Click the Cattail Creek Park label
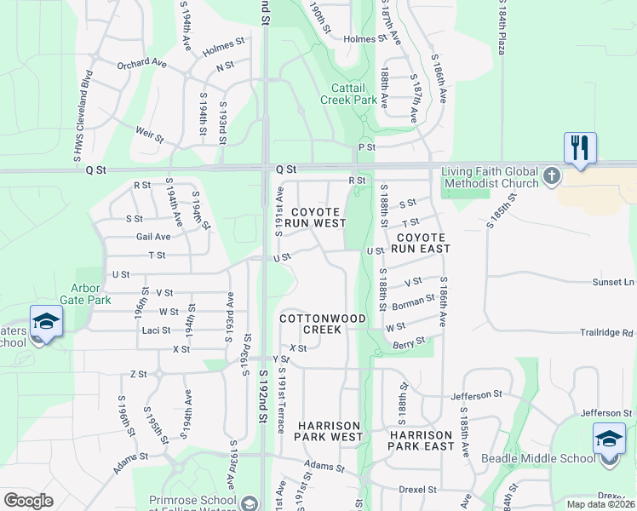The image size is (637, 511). pyautogui.click(x=348, y=94)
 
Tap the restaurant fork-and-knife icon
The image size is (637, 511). pyautogui.click(x=579, y=148)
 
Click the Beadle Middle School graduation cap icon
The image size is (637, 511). pyautogui.click(x=609, y=439)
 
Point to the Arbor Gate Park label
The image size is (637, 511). pyautogui.click(x=85, y=294)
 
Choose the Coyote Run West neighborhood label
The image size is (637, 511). pyautogui.click(x=315, y=217)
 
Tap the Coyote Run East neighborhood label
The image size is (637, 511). pyautogui.click(x=422, y=243)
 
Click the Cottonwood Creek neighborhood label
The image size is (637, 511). pyautogui.click(x=323, y=324)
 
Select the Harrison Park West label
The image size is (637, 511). pyautogui.click(x=330, y=431)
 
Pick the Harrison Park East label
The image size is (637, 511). pyautogui.click(x=421, y=440)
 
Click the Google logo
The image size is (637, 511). pyautogui.click(x=28, y=501)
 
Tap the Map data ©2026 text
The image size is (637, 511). pyautogui.click(x=600, y=504)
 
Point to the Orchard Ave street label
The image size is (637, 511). pyautogui.click(x=141, y=63)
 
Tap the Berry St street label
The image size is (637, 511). pyautogui.click(x=410, y=342)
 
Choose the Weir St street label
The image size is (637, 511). pyautogui.click(x=149, y=131)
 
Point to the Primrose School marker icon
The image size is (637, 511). pyautogui.click(x=249, y=502)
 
